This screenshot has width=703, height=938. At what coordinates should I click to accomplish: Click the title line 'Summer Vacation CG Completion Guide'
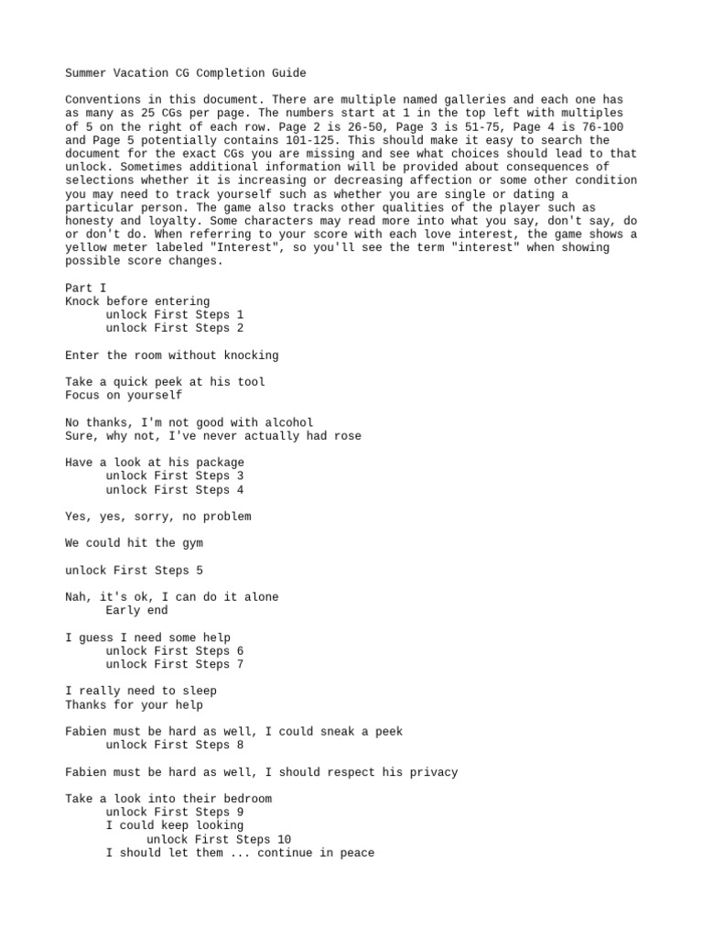point(186,72)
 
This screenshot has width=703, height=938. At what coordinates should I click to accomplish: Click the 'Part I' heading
point(85,288)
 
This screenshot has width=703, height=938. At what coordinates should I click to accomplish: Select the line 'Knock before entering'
point(137,301)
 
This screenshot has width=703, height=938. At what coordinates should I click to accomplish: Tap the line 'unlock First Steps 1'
point(174,314)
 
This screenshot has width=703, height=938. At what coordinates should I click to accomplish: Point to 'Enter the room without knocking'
point(172,354)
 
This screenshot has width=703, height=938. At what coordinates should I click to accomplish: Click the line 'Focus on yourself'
point(124,395)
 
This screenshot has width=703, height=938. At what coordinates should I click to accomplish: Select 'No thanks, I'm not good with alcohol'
point(189,422)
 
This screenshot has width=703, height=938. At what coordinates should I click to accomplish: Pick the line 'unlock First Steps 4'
point(174,489)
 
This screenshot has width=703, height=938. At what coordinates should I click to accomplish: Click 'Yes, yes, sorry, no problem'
point(157,517)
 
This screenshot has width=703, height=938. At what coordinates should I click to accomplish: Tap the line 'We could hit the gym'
point(134,543)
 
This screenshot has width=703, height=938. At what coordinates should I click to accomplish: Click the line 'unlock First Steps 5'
point(134,571)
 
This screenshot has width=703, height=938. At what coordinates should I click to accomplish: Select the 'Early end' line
point(136,610)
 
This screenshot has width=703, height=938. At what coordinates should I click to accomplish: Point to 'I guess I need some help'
point(147,638)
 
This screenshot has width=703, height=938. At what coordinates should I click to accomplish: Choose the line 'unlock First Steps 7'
point(174,664)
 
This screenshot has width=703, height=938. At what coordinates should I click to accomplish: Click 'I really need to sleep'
point(141,691)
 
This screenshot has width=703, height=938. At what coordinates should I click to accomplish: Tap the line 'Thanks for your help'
point(134,704)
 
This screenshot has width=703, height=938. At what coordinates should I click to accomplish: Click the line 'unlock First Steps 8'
point(174,745)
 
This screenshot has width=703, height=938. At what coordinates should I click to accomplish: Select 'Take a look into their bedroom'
point(168,799)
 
